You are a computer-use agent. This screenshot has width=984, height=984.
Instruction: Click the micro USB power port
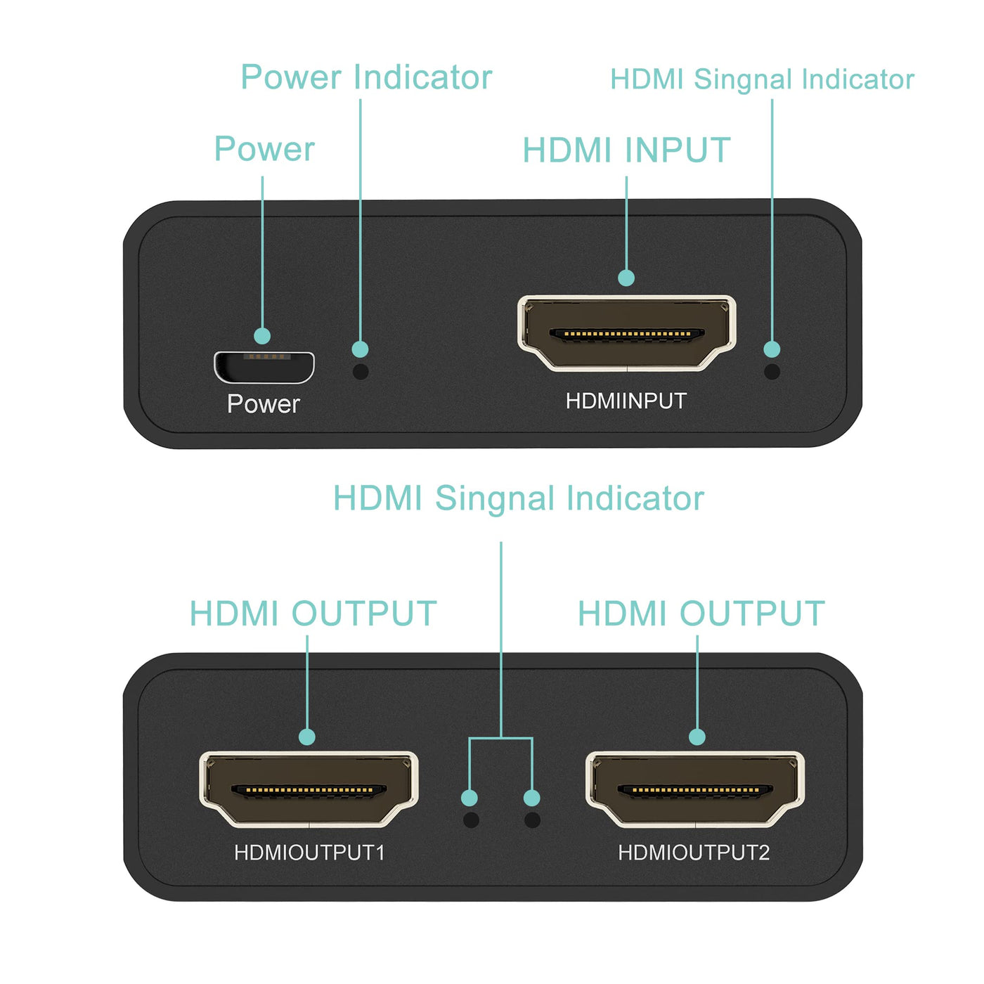point(264,367)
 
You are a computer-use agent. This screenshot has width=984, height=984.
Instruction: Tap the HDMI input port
point(626,333)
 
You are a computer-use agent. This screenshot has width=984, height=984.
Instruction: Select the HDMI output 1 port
point(309,789)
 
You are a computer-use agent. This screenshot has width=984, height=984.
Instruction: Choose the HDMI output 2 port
point(694,789)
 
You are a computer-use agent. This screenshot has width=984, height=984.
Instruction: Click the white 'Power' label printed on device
point(264,404)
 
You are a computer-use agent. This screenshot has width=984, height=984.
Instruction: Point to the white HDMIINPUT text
point(626,401)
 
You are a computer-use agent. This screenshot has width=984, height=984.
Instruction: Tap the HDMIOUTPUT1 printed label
point(309,853)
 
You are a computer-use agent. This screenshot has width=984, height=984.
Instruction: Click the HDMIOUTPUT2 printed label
point(694,853)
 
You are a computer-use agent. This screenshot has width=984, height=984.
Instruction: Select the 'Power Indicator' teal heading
point(366,77)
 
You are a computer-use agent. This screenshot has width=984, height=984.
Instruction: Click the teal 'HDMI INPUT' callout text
point(626,150)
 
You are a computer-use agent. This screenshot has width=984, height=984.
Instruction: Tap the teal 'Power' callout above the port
point(264,149)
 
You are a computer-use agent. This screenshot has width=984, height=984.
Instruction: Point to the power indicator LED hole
point(361,371)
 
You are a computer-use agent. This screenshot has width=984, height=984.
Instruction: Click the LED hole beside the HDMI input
point(772,371)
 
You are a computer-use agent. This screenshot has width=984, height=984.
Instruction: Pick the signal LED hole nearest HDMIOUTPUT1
point(471,820)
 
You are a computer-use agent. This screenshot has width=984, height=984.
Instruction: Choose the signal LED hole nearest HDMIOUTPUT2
point(532,820)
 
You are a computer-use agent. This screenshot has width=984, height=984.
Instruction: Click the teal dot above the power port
point(262,336)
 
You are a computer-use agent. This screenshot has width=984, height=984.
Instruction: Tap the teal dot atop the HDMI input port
point(626,278)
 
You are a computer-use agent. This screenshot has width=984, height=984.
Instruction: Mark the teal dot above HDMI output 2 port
point(697,737)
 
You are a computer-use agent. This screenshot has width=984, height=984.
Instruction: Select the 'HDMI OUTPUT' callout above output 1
point(313,614)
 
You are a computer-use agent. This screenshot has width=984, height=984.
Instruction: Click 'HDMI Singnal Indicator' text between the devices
point(518,498)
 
